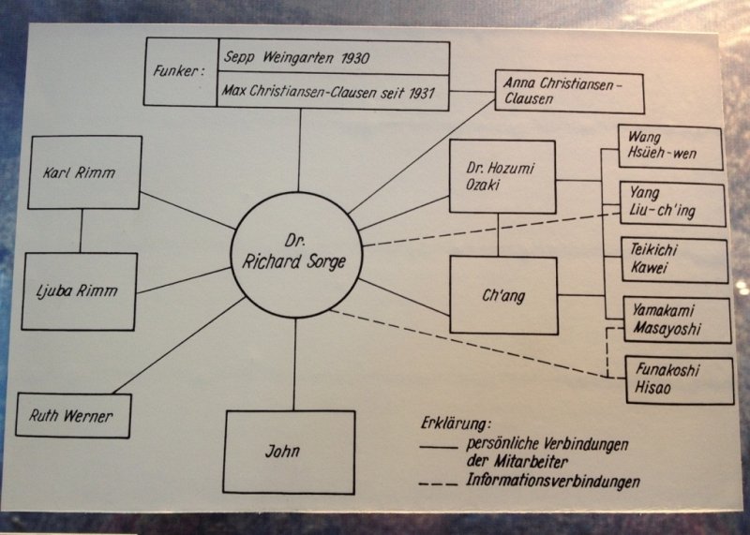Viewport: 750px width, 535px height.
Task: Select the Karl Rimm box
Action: click(x=84, y=172)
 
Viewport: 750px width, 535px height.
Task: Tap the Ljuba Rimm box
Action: click(x=81, y=290)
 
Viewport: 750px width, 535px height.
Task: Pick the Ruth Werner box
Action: click(x=73, y=415)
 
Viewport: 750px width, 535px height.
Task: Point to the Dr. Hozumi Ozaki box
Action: click(x=502, y=177)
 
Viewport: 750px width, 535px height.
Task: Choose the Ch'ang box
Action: click(x=502, y=295)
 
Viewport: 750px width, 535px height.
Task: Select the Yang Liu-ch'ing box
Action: click(x=673, y=204)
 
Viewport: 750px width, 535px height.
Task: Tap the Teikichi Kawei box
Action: click(x=674, y=261)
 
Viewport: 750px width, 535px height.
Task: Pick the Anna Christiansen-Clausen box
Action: click(x=556, y=92)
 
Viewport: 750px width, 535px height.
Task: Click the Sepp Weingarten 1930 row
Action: click(x=333, y=57)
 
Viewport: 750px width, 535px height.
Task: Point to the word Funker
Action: click(x=180, y=72)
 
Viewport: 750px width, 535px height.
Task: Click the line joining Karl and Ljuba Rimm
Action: click(x=81, y=230)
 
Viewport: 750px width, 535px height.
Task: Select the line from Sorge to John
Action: click(x=295, y=364)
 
